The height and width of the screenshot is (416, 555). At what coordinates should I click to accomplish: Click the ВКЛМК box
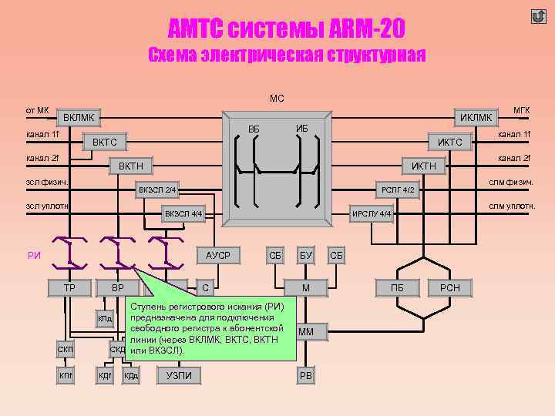[x=79, y=118]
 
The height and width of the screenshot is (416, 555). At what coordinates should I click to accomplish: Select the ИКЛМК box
[x=476, y=118]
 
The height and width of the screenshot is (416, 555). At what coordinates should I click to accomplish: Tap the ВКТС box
[x=105, y=143]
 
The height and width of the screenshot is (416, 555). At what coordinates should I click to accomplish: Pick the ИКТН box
[x=423, y=166]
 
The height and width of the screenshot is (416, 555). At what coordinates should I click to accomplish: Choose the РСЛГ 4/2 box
[x=399, y=190]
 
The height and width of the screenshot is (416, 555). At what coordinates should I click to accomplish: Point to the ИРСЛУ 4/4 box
[x=372, y=213]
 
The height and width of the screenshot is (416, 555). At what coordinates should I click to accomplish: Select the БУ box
[x=306, y=255]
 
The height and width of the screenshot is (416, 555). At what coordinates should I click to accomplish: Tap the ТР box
[x=69, y=288]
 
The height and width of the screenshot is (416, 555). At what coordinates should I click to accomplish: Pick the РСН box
[x=449, y=288]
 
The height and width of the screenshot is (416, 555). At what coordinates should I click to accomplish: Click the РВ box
[x=306, y=375]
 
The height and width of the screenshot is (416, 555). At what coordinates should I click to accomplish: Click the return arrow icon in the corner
[x=538, y=16]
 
